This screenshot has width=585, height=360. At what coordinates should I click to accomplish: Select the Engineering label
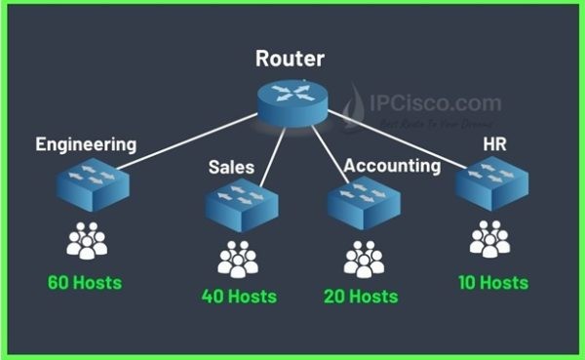(x=86, y=144)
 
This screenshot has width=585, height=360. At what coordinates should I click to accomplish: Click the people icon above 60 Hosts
(x=87, y=240)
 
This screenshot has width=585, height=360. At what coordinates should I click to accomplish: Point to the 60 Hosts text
(x=85, y=284)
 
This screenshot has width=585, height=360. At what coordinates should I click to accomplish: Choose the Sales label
(x=231, y=167)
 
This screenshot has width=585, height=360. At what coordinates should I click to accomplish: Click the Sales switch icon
(x=241, y=203)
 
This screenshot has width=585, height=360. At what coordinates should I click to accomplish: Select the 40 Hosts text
(x=239, y=296)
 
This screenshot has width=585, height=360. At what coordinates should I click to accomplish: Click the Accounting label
(x=393, y=165)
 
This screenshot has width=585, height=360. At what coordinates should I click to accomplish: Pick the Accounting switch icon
(x=363, y=203)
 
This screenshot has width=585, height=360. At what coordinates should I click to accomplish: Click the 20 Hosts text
(x=365, y=296)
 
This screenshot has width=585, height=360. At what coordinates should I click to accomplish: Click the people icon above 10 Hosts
(x=489, y=239)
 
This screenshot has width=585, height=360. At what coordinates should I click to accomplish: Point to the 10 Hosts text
(x=492, y=283)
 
